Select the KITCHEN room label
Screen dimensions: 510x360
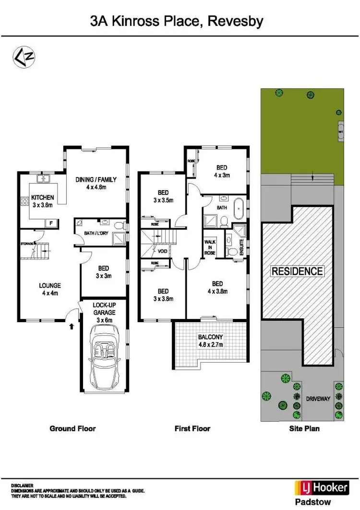pyautogui.click(x=43, y=197)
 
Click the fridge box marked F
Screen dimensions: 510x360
pyautogui.click(x=50, y=222)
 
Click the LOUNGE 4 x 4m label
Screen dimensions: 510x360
pyautogui.click(x=50, y=289)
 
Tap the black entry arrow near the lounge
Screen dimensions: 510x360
pyautogui.click(x=72, y=326)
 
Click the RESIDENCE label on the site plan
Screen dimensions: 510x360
pyautogui.click(x=297, y=271)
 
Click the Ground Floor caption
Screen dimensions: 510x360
pyautogui.click(x=73, y=428)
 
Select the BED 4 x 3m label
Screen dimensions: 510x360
pyautogui.click(x=221, y=171)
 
